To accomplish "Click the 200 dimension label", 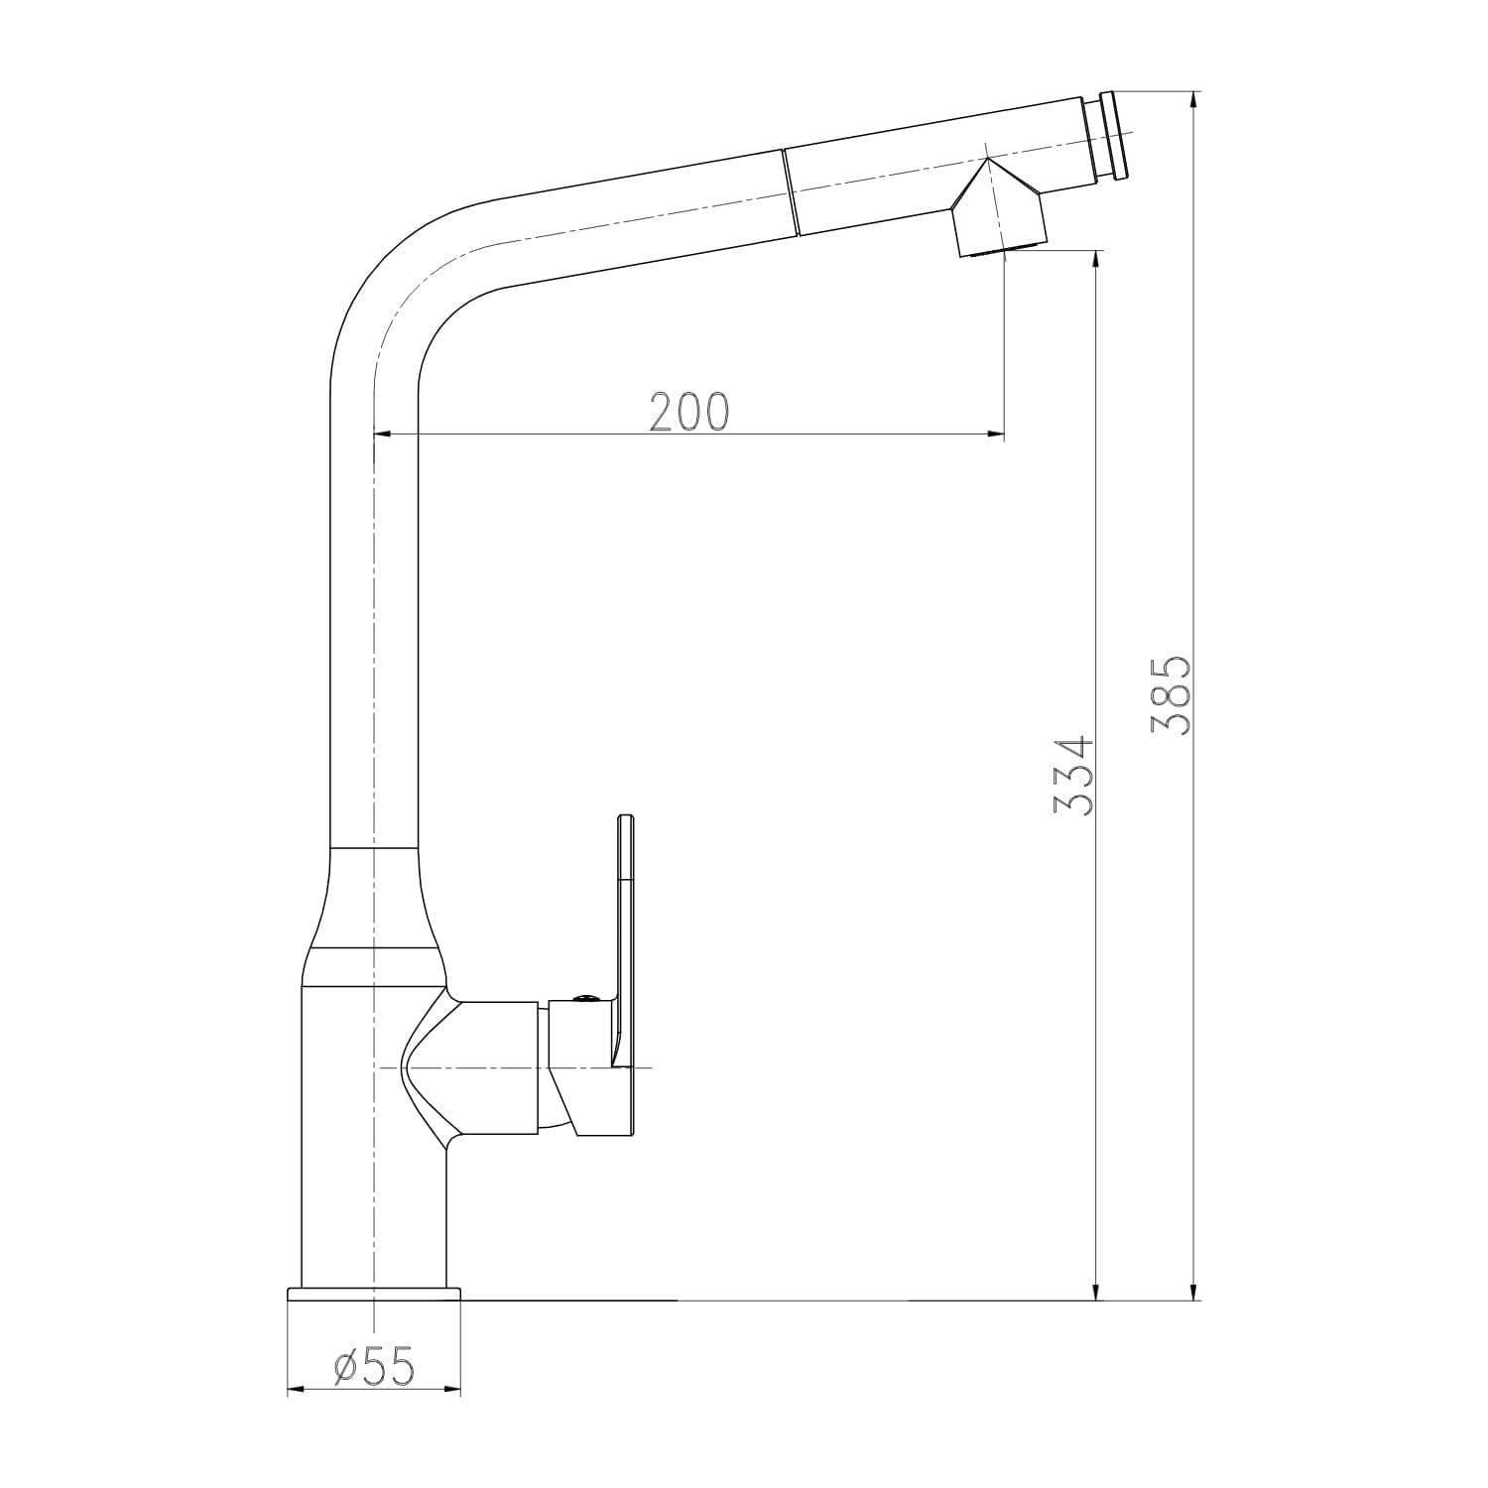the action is pos(689,411).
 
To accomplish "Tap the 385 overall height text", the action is pos(1172,694).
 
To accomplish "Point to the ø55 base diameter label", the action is pos(373,1367).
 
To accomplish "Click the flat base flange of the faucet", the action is pos(374,1294).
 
